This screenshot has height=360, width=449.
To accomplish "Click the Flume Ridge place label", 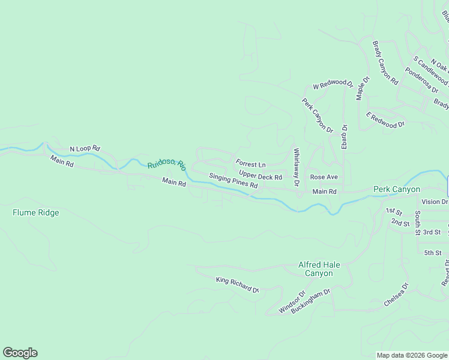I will (36, 212).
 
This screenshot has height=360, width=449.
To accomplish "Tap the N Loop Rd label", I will (85, 148).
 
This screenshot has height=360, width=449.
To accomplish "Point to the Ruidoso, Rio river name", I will (167, 166).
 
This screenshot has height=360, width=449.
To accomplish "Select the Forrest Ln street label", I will (250, 164).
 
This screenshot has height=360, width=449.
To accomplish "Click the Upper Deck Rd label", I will (261, 177).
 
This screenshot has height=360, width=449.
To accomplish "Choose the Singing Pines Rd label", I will (233, 181).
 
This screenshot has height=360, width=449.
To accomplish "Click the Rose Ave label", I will (324, 177).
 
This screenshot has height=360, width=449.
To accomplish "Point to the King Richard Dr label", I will (237, 285).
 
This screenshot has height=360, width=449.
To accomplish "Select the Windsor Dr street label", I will (292, 303).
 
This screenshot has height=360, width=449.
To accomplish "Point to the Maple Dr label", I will (363, 88).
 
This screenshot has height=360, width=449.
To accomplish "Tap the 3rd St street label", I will (432, 232).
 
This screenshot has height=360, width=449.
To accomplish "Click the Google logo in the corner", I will (20, 353).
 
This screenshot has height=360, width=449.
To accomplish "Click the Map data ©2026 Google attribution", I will (411, 355).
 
